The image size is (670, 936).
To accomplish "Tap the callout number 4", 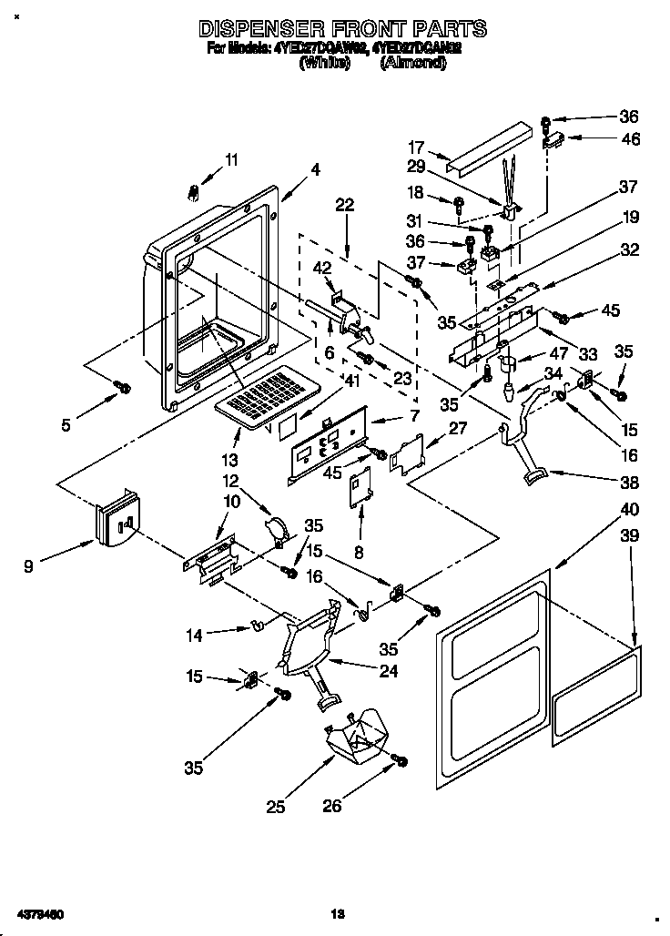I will click(315, 168).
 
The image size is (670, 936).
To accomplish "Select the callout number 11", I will click(231, 159).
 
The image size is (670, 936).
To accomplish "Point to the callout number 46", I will click(629, 139).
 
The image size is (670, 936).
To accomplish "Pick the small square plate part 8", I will click(361, 487).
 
